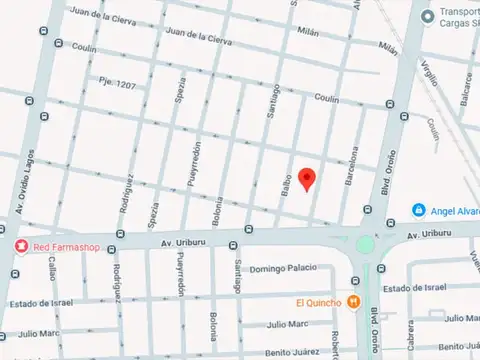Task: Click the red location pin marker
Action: [x=308, y=178]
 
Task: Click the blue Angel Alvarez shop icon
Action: [x=418, y=210]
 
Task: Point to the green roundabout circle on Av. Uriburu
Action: [x=365, y=243]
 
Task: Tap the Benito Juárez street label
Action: [x=292, y=352]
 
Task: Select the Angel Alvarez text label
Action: [x=455, y=210]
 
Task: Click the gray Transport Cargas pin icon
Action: [x=428, y=16]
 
